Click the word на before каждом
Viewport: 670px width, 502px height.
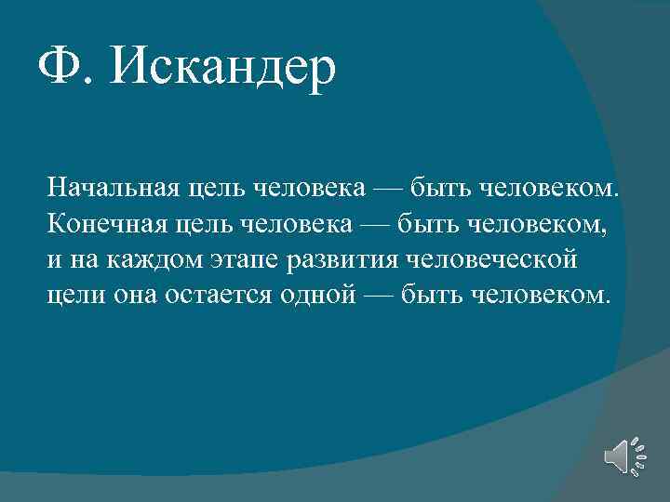(81, 259)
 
